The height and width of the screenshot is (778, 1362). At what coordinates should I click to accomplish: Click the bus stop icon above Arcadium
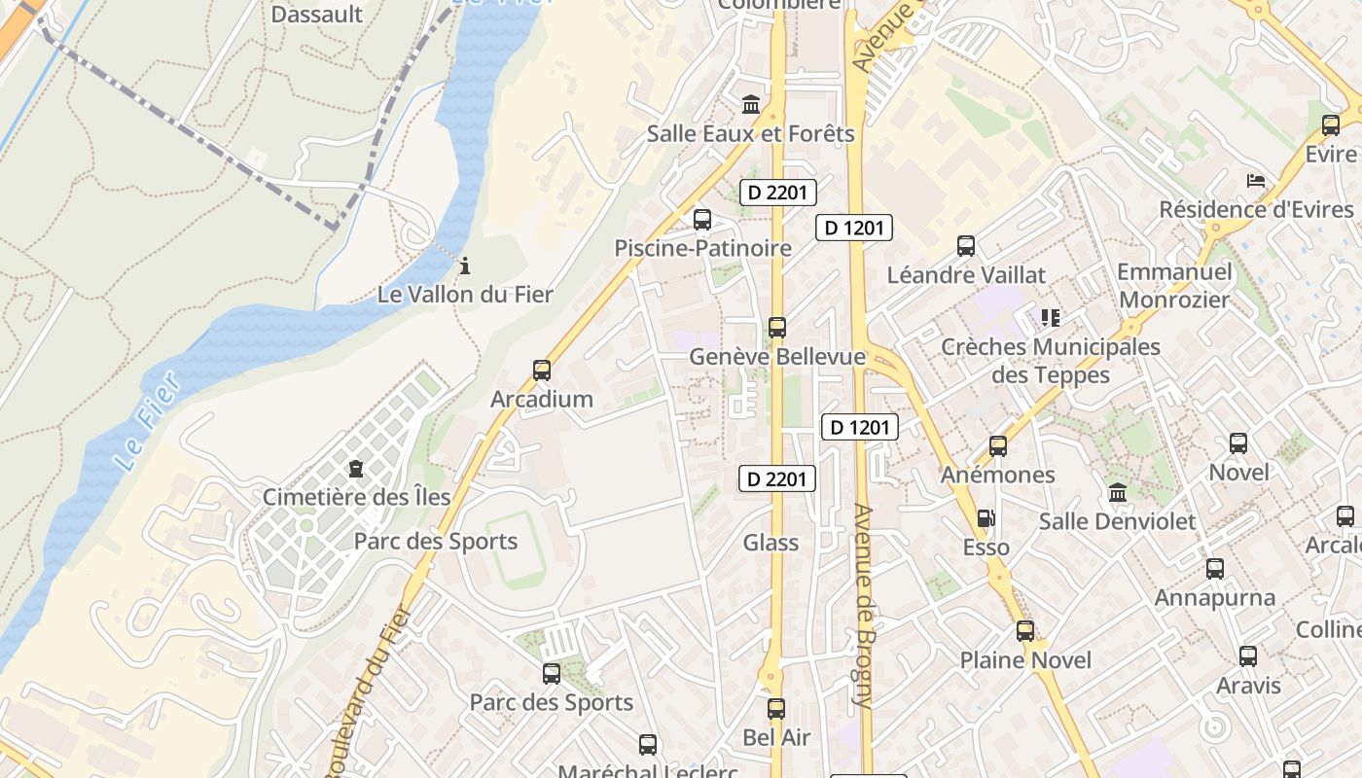[542, 371]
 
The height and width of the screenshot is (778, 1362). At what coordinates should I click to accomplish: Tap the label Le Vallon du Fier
[465, 294]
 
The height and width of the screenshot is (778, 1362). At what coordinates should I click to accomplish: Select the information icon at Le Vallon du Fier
[465, 265]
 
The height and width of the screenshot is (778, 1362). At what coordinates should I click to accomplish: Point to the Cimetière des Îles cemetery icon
[356, 470]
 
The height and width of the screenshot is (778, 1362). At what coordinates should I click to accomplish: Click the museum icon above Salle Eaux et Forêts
[751, 105]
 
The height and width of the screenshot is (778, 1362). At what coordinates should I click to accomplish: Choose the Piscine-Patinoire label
[702, 248]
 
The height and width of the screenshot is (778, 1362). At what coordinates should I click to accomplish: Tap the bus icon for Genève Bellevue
[776, 328]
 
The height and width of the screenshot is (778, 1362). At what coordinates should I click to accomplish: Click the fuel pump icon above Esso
[986, 518]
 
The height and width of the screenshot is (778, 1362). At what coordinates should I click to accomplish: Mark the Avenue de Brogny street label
[864, 605]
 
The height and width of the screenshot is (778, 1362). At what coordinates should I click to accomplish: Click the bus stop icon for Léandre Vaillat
[966, 246]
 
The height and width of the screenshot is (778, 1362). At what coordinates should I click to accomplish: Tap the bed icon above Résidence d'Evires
[1256, 181]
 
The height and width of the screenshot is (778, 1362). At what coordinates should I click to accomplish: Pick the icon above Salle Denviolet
[1117, 493]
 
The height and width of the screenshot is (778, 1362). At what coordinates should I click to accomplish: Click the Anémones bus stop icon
[998, 446]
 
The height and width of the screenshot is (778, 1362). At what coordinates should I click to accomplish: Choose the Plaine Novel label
[1025, 660]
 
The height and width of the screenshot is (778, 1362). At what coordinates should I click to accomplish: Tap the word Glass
[771, 543]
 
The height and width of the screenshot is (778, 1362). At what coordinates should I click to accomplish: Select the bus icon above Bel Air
[775, 709]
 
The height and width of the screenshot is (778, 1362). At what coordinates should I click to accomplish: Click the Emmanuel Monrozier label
[1174, 285]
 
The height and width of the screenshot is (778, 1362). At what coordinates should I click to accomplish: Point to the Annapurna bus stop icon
[1215, 569]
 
